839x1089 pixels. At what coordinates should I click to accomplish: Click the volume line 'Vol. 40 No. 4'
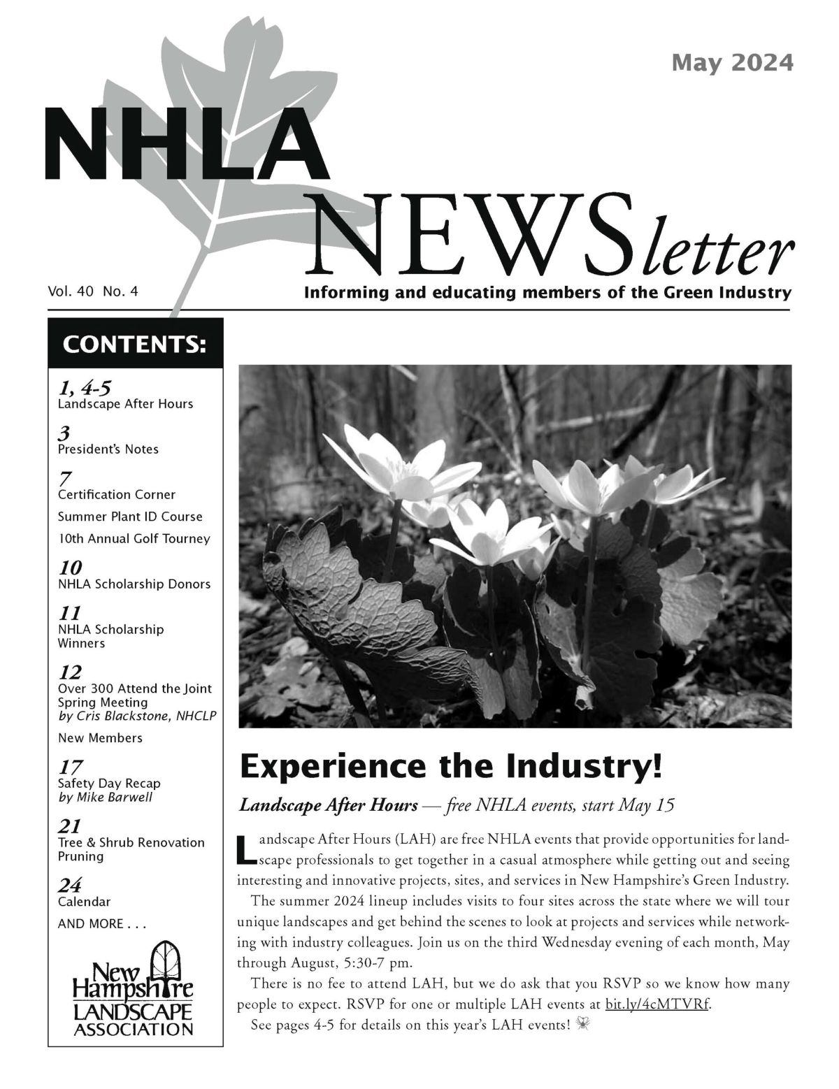[x=93, y=291]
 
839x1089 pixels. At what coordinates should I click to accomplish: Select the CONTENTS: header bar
[x=135, y=345]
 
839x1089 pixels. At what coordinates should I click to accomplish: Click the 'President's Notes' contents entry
[x=108, y=449]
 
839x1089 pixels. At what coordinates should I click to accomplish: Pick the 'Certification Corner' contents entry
[x=116, y=494]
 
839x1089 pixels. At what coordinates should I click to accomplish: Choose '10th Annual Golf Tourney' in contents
[x=134, y=539]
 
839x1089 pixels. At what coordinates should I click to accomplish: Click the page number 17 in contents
[x=70, y=768]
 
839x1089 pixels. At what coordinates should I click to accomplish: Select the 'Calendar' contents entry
[x=84, y=902]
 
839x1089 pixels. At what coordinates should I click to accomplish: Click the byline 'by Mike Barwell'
[x=105, y=797]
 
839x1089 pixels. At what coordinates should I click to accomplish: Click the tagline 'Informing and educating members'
[x=547, y=292]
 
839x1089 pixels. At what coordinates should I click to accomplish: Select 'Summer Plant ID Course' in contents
[x=130, y=517]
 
